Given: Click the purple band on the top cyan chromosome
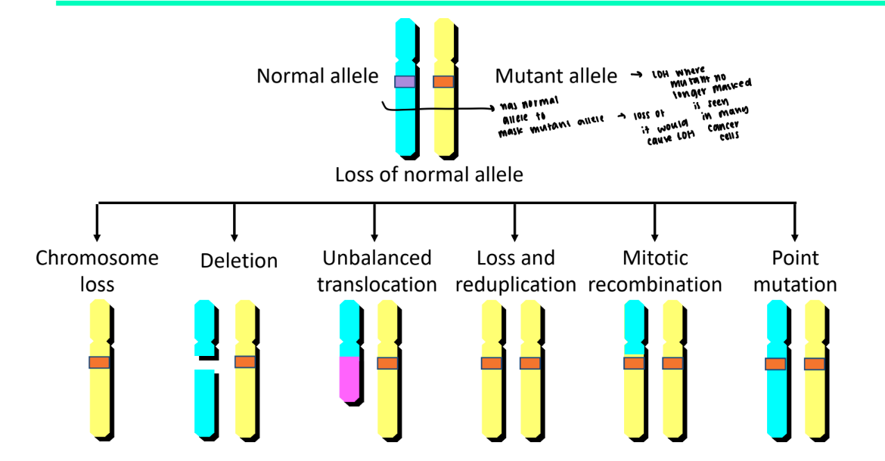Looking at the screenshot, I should click(405, 82).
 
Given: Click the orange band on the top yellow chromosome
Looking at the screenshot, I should click(443, 82).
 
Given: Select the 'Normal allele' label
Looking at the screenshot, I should click(318, 76).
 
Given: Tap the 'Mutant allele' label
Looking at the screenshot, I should click(556, 76).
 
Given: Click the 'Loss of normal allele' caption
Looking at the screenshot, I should click(429, 175).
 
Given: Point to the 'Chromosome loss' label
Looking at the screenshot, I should click(98, 271).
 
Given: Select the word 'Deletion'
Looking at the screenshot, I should click(239, 261).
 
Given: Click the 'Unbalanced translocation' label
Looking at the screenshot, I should click(377, 271).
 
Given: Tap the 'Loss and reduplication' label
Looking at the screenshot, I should click(517, 271).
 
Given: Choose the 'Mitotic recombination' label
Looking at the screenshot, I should click(655, 271).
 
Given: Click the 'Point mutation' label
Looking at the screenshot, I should click(795, 271).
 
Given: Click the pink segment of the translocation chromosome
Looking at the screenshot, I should click(349, 377).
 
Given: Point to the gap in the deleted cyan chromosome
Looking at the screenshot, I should click(205, 363).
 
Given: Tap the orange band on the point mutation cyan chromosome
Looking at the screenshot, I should click(775, 364).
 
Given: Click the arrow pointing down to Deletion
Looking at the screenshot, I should click(234, 223).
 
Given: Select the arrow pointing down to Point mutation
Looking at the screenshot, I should click(794, 223).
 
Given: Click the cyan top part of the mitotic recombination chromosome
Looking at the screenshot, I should click(634, 325).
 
